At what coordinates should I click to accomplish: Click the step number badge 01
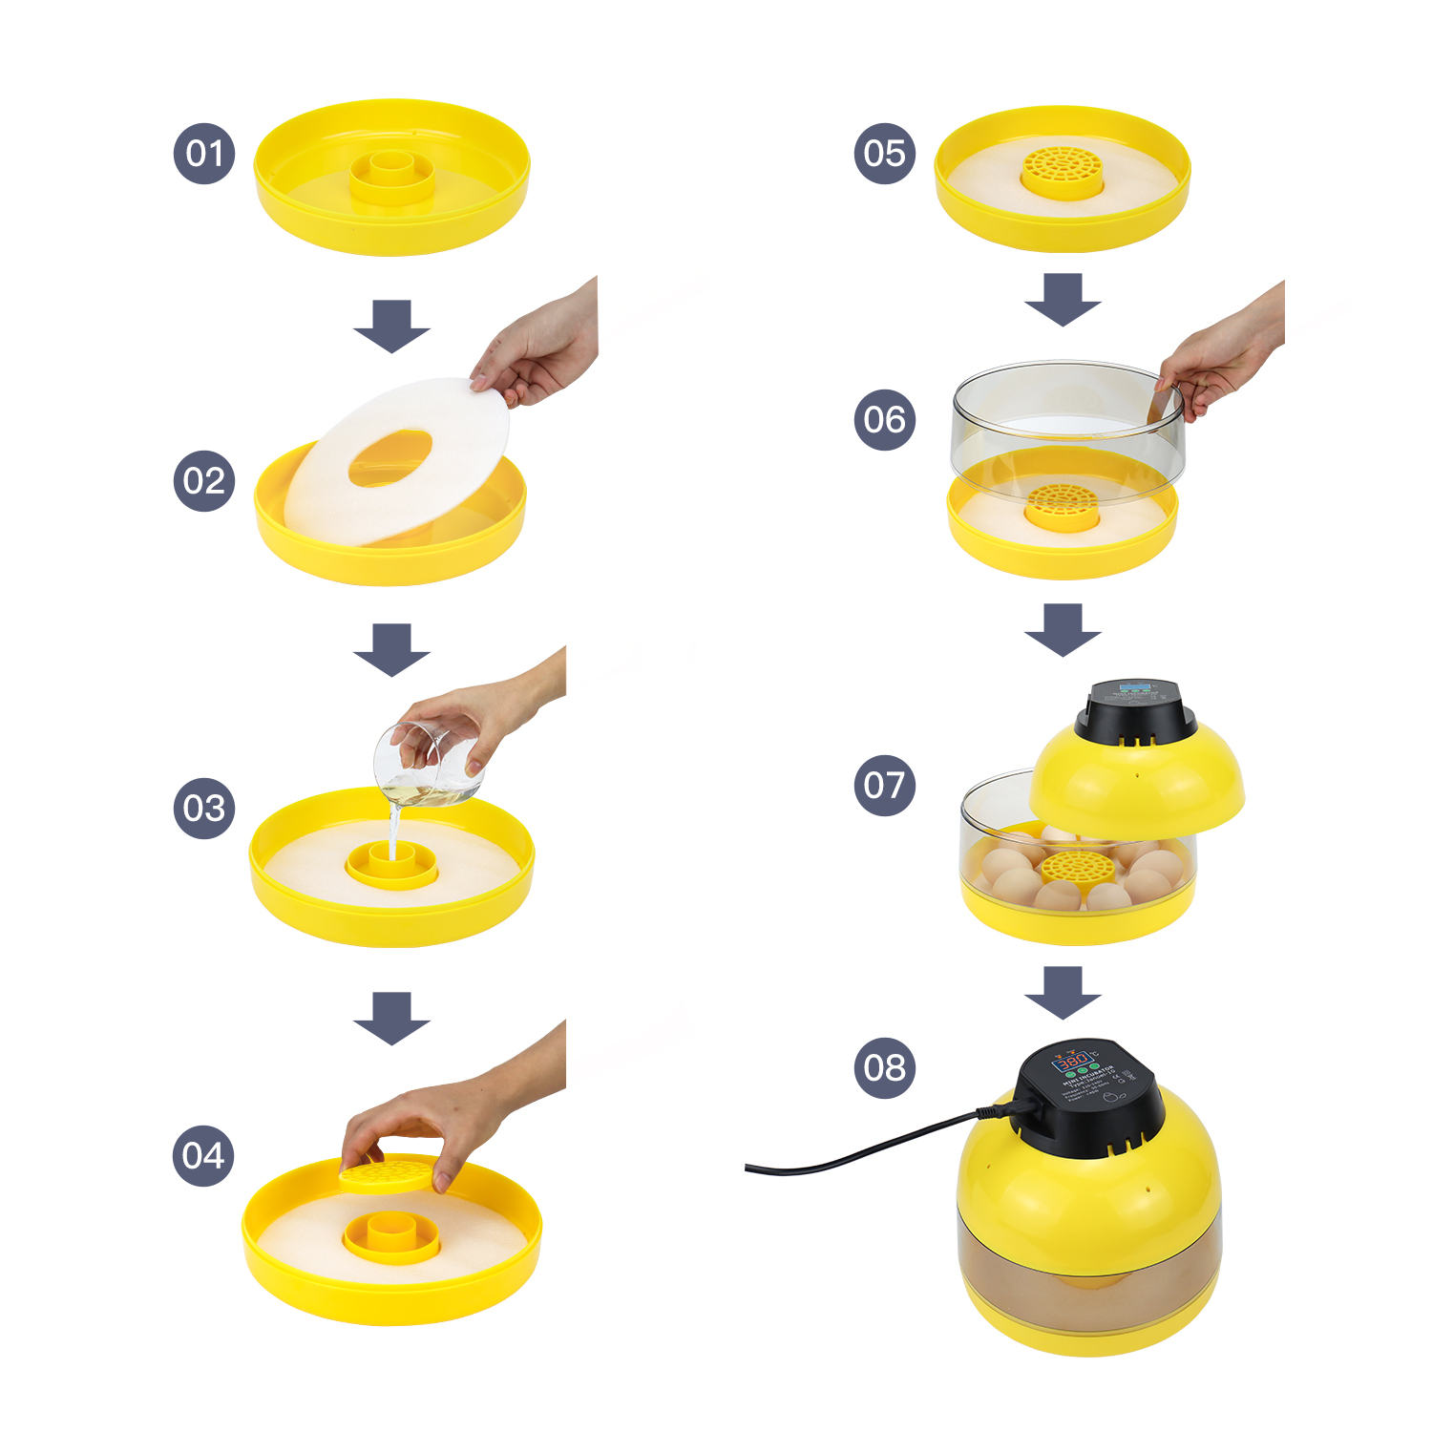click(x=204, y=153)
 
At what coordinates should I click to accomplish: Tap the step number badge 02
click(x=204, y=480)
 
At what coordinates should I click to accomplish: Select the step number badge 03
click(x=204, y=808)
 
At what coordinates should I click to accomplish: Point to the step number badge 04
click(x=204, y=1155)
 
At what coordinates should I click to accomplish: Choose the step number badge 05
click(x=884, y=153)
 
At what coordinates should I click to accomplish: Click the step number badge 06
click(x=884, y=419)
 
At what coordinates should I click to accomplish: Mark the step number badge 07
click(x=884, y=785)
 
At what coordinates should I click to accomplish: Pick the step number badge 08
click(x=884, y=1067)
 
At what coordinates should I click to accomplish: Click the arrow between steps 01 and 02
click(x=391, y=326)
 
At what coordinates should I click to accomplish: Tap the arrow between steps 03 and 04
click(x=391, y=1018)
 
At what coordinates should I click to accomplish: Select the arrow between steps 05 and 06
click(x=1063, y=299)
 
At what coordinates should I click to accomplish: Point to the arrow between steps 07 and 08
click(x=1063, y=992)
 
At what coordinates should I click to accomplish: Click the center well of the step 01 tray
click(x=391, y=173)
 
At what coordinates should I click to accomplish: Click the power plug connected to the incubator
click(x=1002, y=1109)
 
